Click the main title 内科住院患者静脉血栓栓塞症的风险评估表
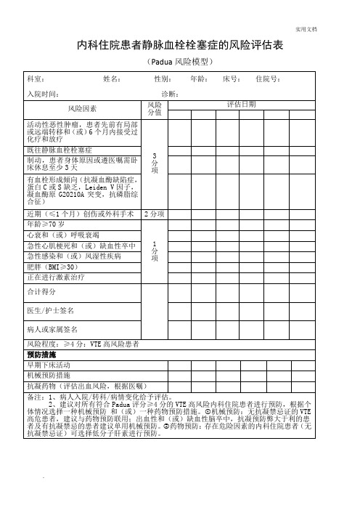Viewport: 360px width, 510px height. [179, 46]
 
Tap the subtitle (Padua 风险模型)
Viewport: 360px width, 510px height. [179, 62]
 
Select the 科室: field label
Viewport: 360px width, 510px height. [35, 78]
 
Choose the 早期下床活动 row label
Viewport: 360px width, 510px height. [49, 365]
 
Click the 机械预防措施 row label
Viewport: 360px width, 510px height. [49, 376]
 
